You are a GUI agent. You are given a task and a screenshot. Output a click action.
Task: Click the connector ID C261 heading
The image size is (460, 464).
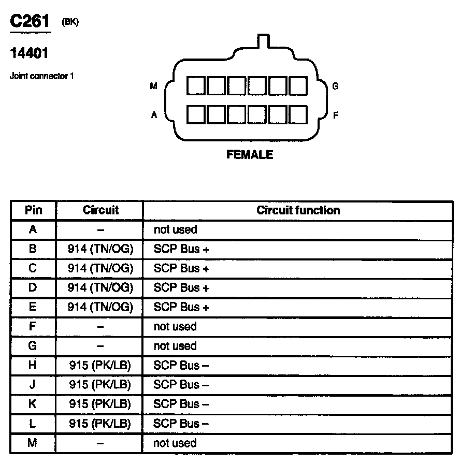coord(31,22)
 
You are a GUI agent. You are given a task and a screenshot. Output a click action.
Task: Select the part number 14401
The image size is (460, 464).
coord(29,53)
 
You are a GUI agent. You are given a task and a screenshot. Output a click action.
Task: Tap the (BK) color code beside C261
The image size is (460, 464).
coord(70,22)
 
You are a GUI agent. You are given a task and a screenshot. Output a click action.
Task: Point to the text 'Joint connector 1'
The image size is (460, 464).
coord(42,76)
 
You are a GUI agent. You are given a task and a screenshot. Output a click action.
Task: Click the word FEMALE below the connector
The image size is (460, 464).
coord(250,155)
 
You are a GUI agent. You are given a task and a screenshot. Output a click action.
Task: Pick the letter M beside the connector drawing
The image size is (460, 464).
coord(153,86)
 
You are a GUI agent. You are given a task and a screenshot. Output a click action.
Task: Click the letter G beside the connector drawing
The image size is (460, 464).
coord(335,86)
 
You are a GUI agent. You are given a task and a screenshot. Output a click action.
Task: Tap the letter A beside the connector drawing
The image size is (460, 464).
coord(154,115)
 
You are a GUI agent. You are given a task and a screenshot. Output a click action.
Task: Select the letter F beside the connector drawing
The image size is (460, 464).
coord(335,115)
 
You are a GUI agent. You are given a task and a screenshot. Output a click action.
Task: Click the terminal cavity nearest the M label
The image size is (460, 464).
coord(195,86)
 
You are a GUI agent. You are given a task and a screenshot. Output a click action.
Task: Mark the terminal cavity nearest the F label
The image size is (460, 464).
coord(298,114)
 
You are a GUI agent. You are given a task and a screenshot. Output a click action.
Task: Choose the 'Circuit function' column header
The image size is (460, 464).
coord(298,210)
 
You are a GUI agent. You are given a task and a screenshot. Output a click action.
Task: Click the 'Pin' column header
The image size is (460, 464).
coord(33,210)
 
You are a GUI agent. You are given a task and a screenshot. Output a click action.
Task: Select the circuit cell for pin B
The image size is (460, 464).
coord(100,249)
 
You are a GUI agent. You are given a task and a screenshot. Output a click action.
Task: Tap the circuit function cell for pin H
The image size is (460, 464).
coord(181,366)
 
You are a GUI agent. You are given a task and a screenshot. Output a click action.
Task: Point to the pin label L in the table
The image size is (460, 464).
coord(33,424)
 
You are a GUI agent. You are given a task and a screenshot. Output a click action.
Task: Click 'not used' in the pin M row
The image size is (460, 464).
coord(175,443)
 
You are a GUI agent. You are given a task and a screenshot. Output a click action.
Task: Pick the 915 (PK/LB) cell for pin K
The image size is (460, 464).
coord(100,404)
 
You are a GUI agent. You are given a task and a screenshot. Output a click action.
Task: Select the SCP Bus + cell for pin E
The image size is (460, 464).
coord(181,307)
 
